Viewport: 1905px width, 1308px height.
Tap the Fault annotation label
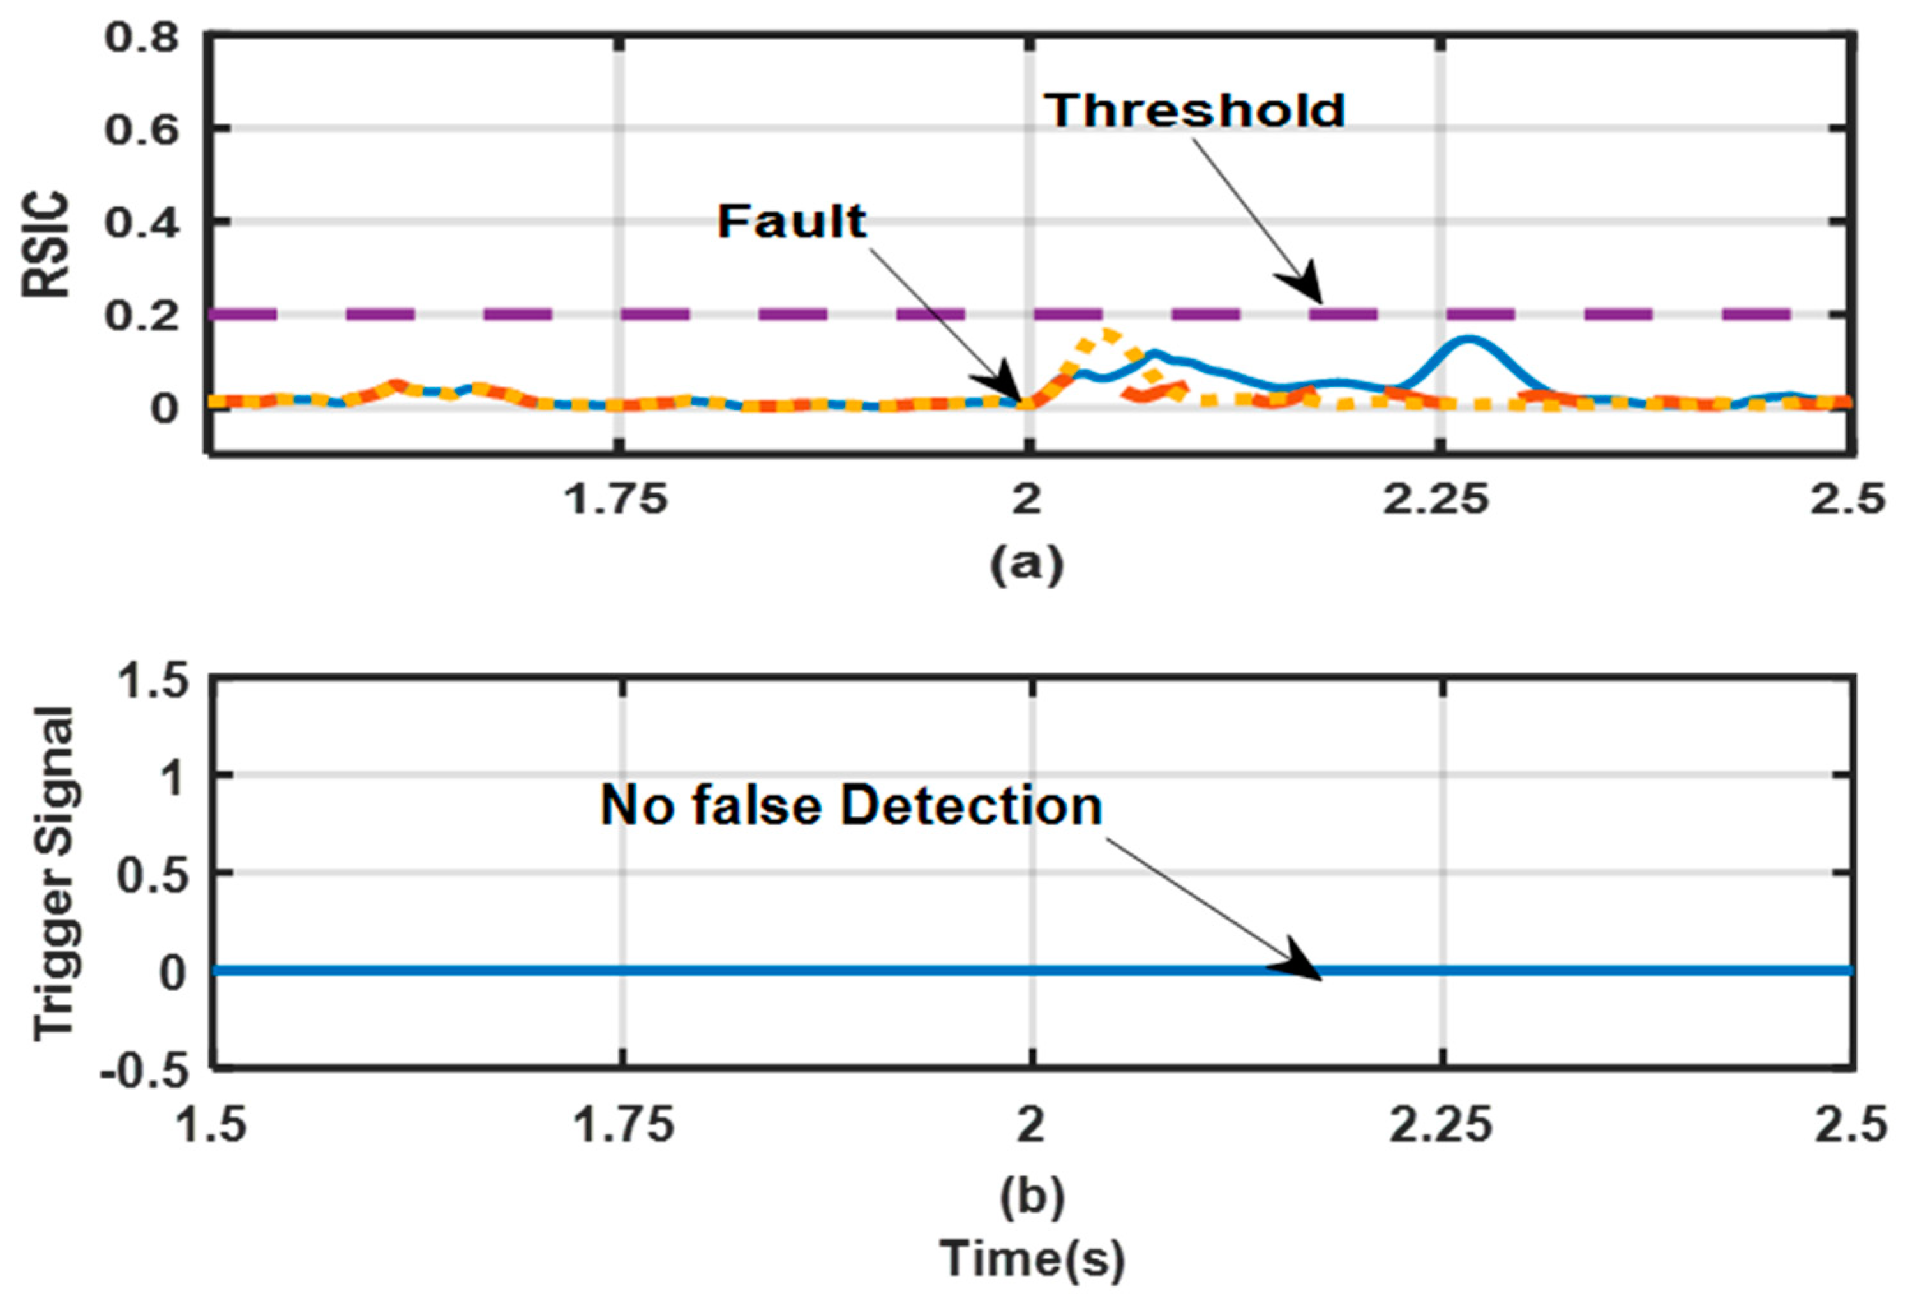pyautogui.click(x=792, y=222)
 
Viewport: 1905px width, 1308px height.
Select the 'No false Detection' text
pyautogui.click(x=851, y=806)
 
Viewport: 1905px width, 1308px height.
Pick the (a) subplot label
pyautogui.click(x=1027, y=564)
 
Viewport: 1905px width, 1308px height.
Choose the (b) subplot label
pyautogui.click(x=1031, y=1196)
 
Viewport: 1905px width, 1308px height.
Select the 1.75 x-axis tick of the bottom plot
pyautogui.click(x=623, y=1126)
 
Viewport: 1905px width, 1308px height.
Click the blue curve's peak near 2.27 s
pyautogui.click(x=1467, y=338)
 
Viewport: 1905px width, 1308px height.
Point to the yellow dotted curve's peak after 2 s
pyautogui.click(x=1108, y=333)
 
